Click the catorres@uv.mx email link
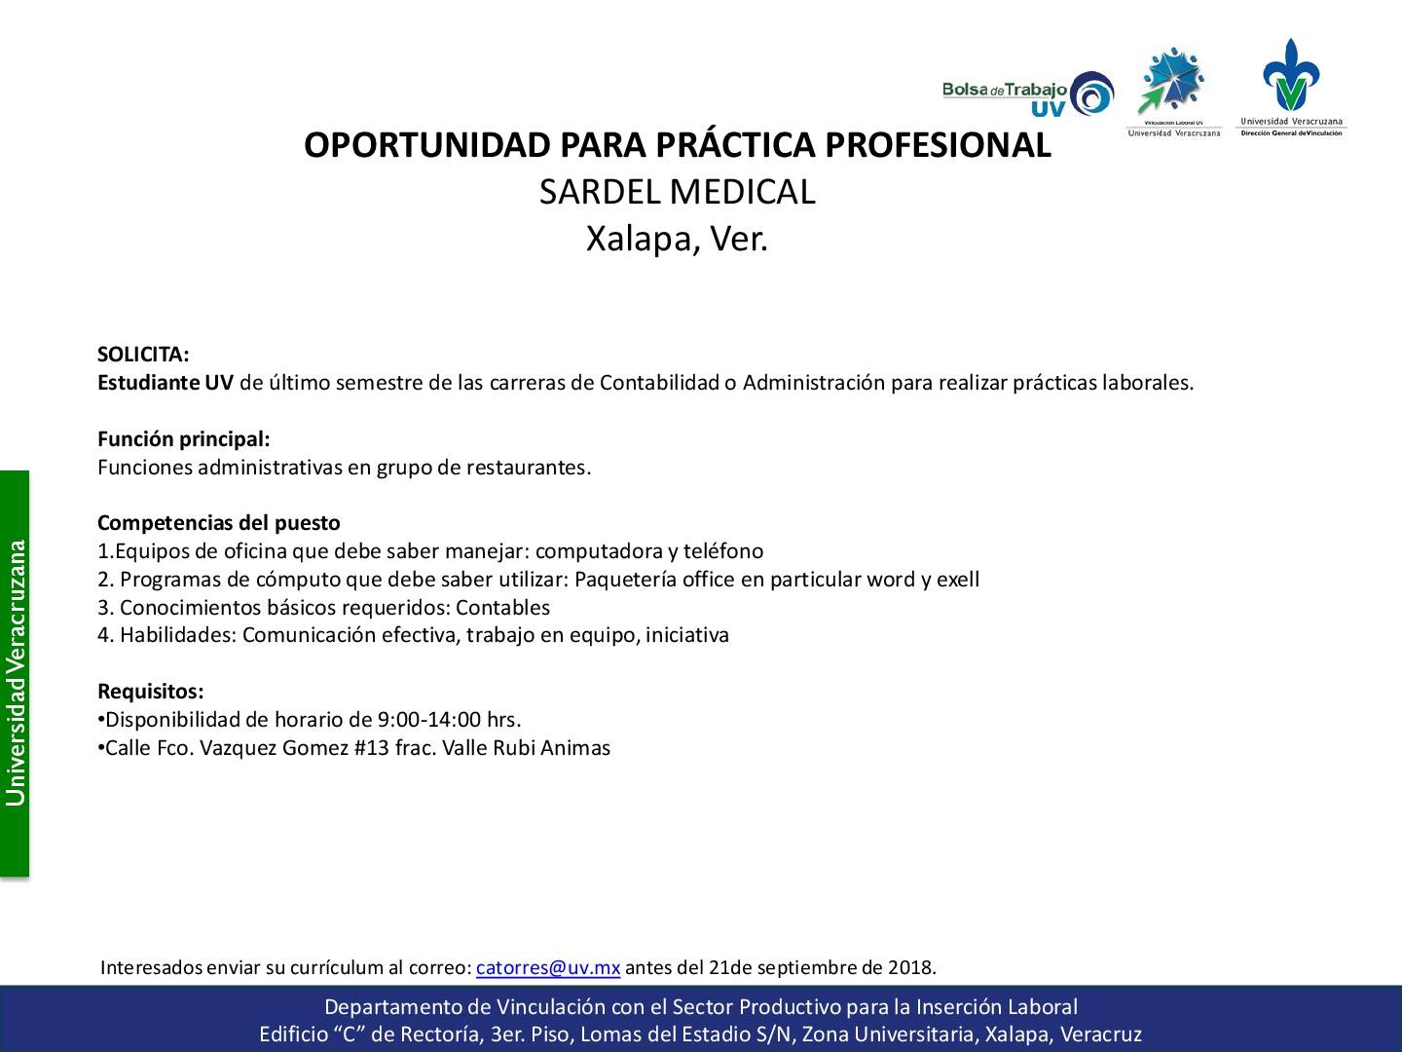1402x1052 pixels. point(548,967)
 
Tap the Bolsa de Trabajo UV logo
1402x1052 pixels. point(1028,94)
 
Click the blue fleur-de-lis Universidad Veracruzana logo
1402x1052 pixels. point(1292,87)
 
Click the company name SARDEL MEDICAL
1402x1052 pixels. point(678,192)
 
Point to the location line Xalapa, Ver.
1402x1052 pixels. point(677,239)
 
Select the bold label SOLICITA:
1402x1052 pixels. point(143,354)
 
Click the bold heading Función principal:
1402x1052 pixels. point(184,438)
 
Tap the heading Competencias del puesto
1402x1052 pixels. point(218,523)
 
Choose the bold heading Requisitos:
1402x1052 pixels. point(151,692)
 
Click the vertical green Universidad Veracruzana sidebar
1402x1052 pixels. point(15,674)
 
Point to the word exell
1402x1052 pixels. point(957,580)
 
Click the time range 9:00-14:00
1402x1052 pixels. point(429,720)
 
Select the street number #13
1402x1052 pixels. point(372,748)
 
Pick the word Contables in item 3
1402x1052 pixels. point(502,608)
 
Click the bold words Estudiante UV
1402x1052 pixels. point(166,383)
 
